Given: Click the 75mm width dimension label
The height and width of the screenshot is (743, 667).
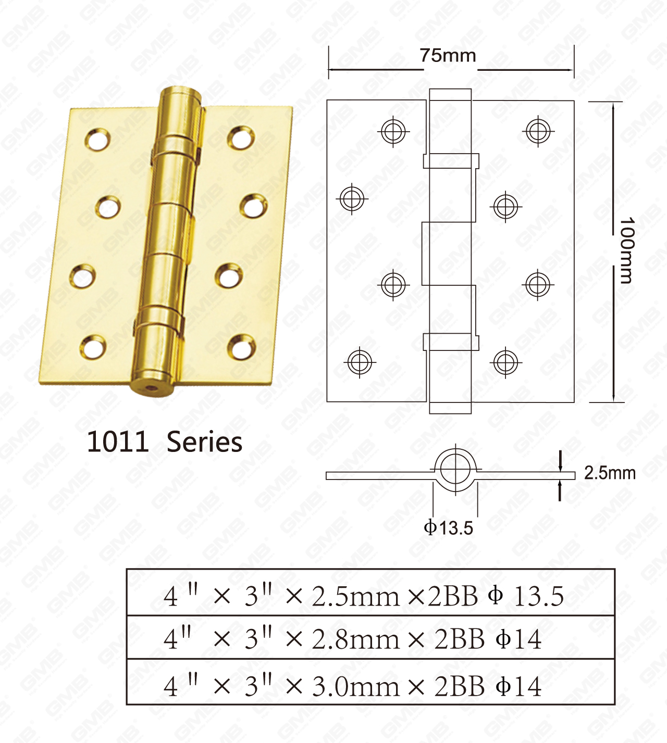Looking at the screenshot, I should point(448,55).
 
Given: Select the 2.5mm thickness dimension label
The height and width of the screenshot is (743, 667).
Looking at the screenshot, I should point(609,473).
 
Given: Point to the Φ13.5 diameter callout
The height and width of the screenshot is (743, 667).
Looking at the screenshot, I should point(448,528).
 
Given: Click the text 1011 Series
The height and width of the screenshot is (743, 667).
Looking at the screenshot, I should point(164,442).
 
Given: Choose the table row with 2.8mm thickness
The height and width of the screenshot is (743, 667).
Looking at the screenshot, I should point(370,638).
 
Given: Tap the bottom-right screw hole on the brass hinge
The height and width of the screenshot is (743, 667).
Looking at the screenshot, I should point(242,346).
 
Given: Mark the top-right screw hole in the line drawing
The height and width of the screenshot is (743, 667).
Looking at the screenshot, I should point(538,131).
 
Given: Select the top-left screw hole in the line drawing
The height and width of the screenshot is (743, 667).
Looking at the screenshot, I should point(393,131).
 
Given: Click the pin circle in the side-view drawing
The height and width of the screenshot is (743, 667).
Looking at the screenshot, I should point(455,468).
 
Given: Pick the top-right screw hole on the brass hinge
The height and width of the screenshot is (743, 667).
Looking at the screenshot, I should point(241,137).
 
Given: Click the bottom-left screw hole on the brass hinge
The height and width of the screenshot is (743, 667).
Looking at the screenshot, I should point(93,346).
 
